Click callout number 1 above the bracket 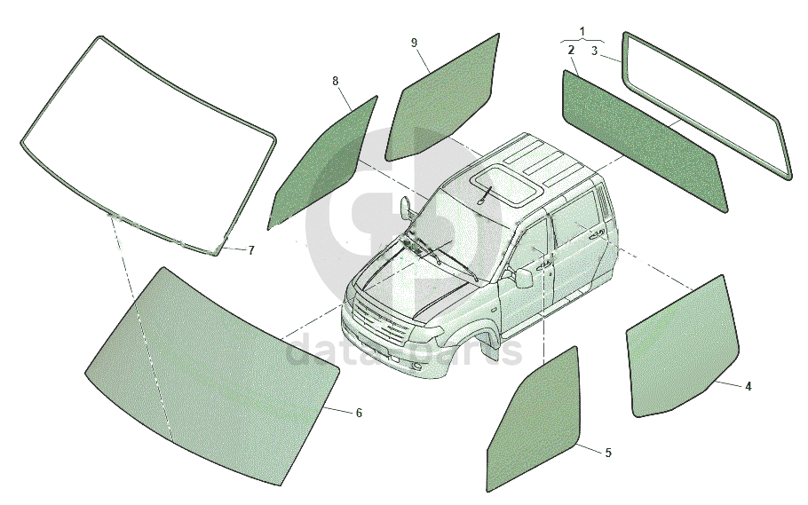(582, 31)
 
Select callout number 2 (572, 51)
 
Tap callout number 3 (594, 51)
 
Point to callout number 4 (749, 386)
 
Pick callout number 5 (607, 453)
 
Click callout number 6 (359, 413)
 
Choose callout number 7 (250, 250)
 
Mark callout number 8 (336, 81)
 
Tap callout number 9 (414, 43)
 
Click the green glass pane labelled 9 (444, 98)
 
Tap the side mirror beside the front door (524, 278)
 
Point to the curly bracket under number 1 (582, 41)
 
